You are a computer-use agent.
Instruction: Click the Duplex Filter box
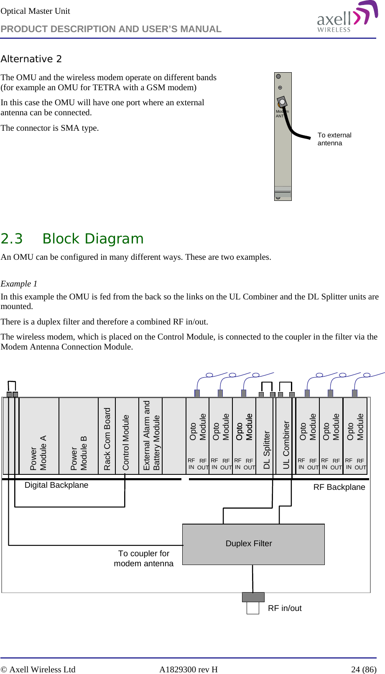click(x=253, y=544)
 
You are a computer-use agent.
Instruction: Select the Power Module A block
click(x=38, y=436)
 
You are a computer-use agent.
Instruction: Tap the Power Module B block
click(x=79, y=436)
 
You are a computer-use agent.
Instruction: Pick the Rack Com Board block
click(x=107, y=436)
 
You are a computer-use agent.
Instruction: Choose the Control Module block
click(x=126, y=436)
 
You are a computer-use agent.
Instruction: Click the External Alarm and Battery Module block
click(x=151, y=436)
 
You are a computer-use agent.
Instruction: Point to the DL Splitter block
click(x=266, y=436)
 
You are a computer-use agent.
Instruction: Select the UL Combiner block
click(x=286, y=436)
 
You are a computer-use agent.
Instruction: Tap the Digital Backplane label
click(x=56, y=485)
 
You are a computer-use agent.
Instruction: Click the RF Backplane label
click(x=339, y=487)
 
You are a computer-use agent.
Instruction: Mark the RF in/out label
click(x=285, y=608)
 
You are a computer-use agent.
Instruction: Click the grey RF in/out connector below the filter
click(x=253, y=597)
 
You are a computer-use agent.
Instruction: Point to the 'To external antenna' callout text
click(x=334, y=139)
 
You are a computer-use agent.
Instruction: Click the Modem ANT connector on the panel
click(x=282, y=102)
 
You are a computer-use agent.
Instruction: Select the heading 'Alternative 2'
click(x=31, y=59)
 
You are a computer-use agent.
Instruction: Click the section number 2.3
click(x=12, y=239)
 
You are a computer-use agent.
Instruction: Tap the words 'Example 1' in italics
click(x=19, y=284)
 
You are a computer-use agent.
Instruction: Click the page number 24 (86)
click(x=363, y=669)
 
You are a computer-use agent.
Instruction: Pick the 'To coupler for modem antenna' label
click(x=144, y=559)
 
